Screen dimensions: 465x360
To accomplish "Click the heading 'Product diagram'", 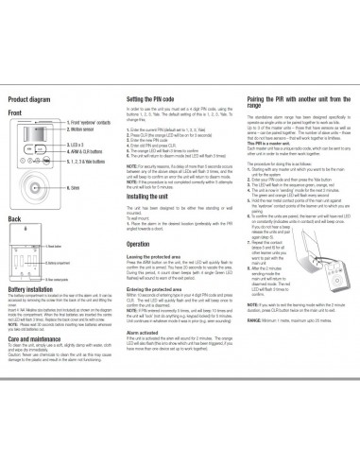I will point(29,98).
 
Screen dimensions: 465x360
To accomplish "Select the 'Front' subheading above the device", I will point(16,112).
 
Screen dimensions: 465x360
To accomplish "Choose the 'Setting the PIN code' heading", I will point(157,98).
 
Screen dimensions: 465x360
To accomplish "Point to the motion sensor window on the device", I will point(37,130).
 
